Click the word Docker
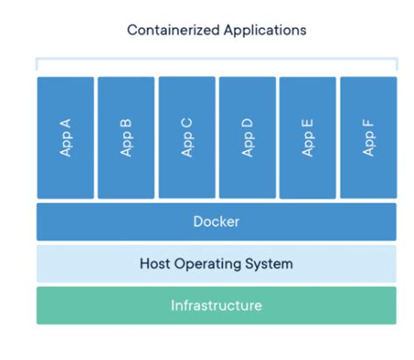point(216,222)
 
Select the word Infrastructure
point(216,306)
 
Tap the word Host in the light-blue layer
point(156,264)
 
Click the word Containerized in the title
point(169,30)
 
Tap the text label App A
point(66,137)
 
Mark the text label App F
point(368,137)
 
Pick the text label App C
point(186,137)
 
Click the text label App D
point(247,137)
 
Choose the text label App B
point(126,137)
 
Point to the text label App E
point(307,137)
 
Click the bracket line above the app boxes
point(216,60)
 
